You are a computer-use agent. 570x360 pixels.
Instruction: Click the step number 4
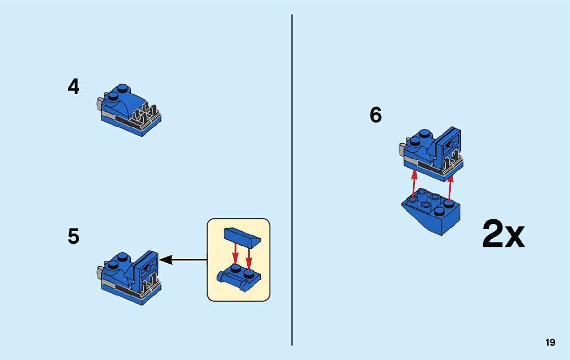click(x=74, y=87)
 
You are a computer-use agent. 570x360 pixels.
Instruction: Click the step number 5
click(x=74, y=237)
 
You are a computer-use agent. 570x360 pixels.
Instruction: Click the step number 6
click(x=376, y=115)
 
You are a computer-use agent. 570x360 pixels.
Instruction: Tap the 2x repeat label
click(x=503, y=235)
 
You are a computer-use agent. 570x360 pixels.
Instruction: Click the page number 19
click(x=550, y=343)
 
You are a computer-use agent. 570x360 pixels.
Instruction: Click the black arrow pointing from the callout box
click(x=183, y=260)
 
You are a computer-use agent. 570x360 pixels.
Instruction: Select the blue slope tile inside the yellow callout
click(x=242, y=236)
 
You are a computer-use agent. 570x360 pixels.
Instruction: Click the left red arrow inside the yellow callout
click(x=236, y=254)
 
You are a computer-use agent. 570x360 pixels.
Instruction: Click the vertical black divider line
click(x=292, y=178)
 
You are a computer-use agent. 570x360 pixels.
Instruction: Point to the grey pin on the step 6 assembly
click(x=401, y=149)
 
